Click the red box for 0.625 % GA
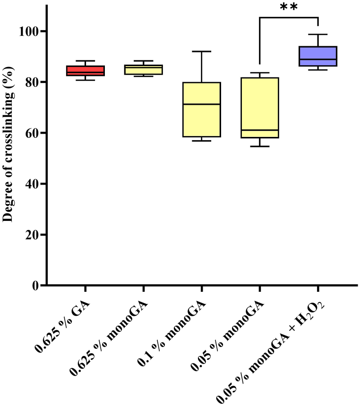click(x=85, y=71)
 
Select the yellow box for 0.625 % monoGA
click(x=143, y=70)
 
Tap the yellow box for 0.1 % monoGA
click(x=201, y=110)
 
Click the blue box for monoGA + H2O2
click(x=317, y=56)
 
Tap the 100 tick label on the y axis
click(x=30, y=31)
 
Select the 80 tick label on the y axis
click(x=33, y=82)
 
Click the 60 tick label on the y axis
click(x=33, y=133)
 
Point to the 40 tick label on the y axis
click(x=33, y=184)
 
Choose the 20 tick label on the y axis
click(x=33, y=235)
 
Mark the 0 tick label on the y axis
click(x=36, y=286)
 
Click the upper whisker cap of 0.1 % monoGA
click(x=201, y=51)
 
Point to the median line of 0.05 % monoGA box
click(x=259, y=130)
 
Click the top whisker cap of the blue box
click(x=317, y=34)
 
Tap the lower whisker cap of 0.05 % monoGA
click(x=259, y=146)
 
